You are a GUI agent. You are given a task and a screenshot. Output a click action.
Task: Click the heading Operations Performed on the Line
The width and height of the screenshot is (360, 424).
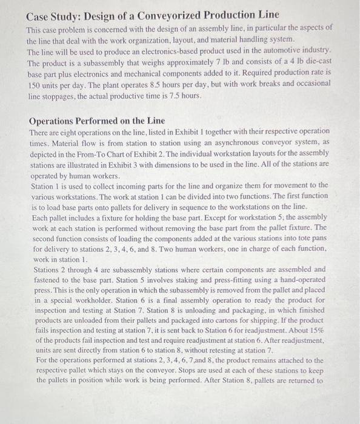[96, 121]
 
